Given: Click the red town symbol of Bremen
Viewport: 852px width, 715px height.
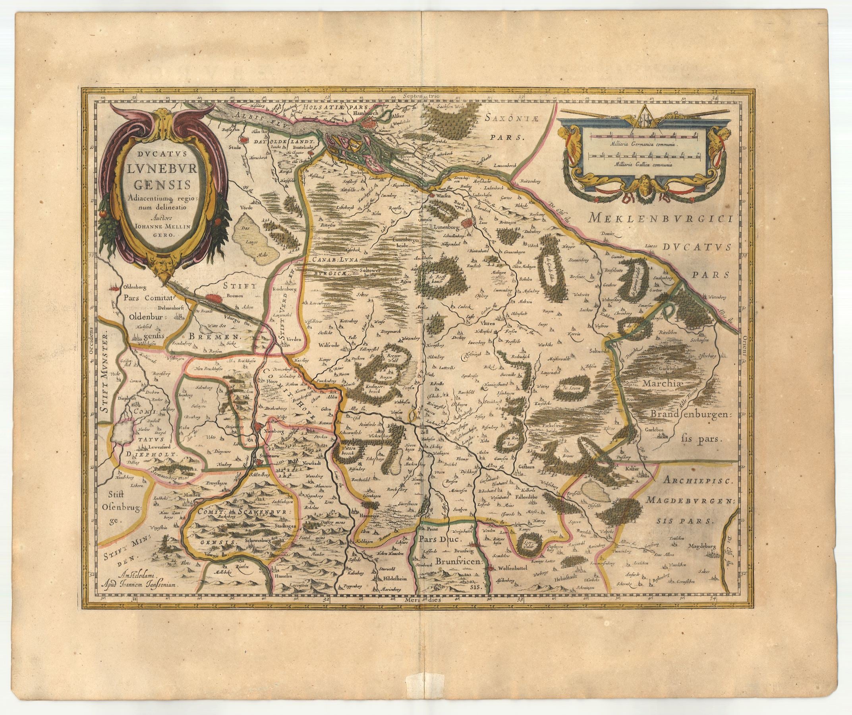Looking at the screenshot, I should click(213, 298).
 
